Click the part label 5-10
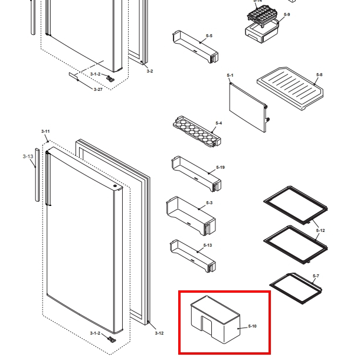[252, 326]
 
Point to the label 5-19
[220, 168]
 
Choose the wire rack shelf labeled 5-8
[289, 87]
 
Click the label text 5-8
[319, 75]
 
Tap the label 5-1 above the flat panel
[230, 76]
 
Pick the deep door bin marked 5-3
[191, 215]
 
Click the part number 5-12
[320, 230]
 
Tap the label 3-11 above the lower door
[45, 131]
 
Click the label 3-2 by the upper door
[149, 71]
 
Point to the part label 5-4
[218, 123]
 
